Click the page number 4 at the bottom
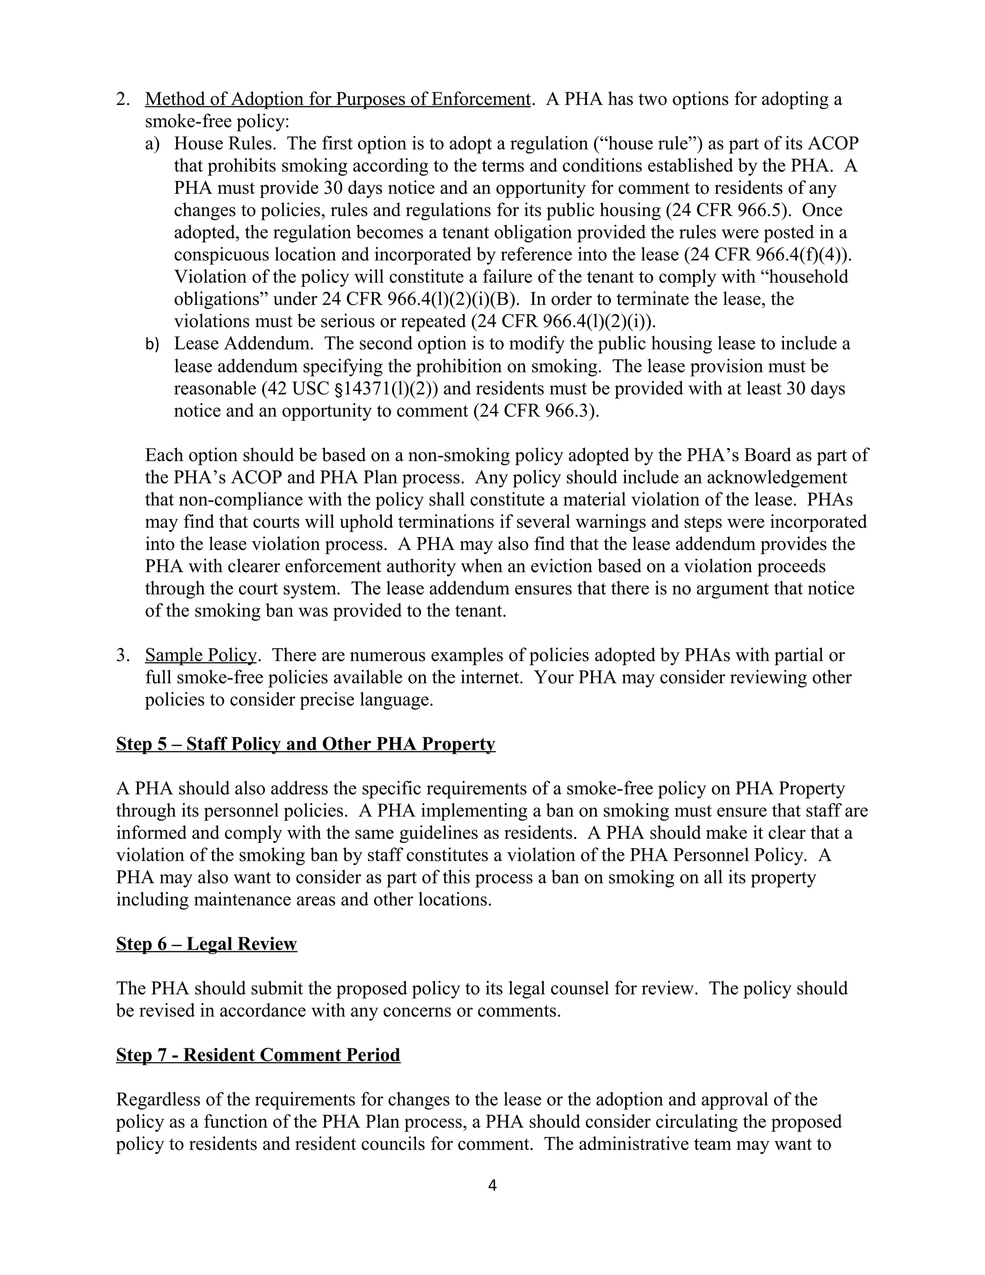coord(492,1185)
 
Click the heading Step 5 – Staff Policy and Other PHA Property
coord(305,744)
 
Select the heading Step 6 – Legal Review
coord(206,944)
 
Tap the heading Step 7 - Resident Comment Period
coord(258,1055)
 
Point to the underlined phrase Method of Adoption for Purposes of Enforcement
coord(337,99)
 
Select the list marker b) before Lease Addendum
coord(152,344)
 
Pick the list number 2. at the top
coord(123,99)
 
